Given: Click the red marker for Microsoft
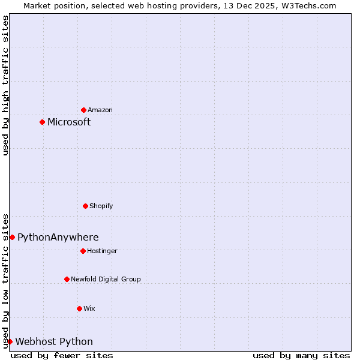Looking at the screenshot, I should (42, 122).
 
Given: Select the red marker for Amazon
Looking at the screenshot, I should (83, 110).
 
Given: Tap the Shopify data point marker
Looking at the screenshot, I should (85, 206).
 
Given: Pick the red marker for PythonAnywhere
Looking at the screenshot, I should (12, 237).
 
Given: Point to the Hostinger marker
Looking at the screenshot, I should (83, 251).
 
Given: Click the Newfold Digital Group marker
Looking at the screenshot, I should (67, 279).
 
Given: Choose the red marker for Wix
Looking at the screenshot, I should (79, 308).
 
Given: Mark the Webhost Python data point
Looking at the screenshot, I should (10, 341).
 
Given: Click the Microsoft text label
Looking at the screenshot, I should (69, 122).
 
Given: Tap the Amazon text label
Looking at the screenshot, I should (100, 110).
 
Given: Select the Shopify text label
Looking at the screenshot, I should (101, 206).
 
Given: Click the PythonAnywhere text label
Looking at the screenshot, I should (58, 238).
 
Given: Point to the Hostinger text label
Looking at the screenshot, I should (103, 251).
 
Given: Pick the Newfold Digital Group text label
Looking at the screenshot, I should (106, 280).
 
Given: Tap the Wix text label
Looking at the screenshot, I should (89, 309).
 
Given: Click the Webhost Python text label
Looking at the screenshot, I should (54, 342).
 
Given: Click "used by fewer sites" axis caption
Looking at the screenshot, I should (62, 355).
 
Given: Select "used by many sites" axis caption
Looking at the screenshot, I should (301, 355).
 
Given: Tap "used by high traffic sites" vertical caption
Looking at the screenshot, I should (5, 85).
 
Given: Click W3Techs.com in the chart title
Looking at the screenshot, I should (307, 5).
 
